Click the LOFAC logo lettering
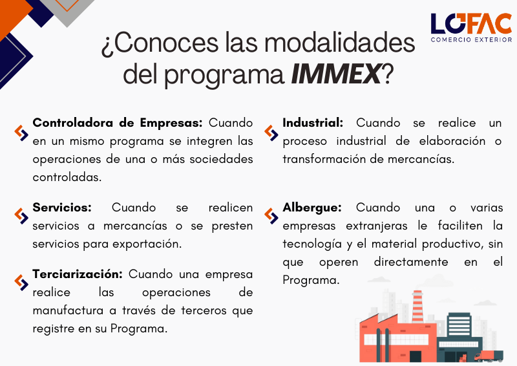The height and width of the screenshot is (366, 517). [x=471, y=24]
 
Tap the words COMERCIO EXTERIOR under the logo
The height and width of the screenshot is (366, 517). [x=471, y=39]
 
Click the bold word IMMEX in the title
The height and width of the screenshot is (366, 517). [x=336, y=74]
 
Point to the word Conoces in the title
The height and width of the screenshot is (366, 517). [x=166, y=43]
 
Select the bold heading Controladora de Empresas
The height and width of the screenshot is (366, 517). [x=118, y=123]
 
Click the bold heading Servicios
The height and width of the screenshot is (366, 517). [x=62, y=208]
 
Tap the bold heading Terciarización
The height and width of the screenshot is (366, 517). [x=78, y=274]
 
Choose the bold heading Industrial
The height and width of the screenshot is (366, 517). [x=313, y=123]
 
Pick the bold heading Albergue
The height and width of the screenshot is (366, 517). [x=312, y=208]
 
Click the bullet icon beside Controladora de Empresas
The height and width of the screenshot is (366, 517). [x=21, y=133]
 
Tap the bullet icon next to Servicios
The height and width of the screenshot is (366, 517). [x=21, y=216]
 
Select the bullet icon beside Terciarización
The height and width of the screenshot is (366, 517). [x=21, y=283]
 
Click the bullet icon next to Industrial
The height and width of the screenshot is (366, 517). [x=271, y=133]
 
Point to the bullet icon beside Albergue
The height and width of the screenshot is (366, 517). [x=271, y=216]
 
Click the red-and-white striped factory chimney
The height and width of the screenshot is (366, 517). [x=417, y=307]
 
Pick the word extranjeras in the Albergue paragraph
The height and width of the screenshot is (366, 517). [x=377, y=226]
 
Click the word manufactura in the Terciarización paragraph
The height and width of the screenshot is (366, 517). [x=68, y=310]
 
